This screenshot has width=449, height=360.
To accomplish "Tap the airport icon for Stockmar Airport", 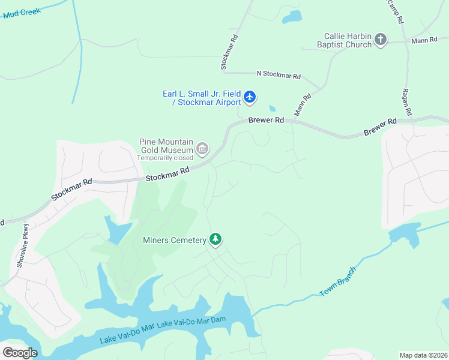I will (250, 96).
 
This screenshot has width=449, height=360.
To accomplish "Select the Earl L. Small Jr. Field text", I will (202, 94).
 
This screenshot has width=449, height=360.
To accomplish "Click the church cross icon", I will (380, 40).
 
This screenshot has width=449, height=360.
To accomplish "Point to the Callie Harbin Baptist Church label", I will (348, 40).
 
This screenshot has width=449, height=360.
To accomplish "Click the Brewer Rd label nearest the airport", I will (266, 121).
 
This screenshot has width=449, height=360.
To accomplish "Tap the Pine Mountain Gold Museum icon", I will (202, 148).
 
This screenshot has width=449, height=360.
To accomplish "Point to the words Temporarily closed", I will (165, 158).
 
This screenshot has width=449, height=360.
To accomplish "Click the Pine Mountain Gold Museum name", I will (166, 146).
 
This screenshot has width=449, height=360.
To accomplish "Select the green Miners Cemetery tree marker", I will (215, 240).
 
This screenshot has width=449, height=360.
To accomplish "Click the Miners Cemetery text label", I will (174, 241).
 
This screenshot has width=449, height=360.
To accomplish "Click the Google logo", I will (20, 352).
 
